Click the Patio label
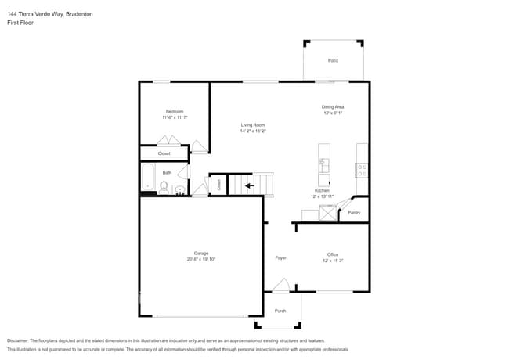tap(333, 60)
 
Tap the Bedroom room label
tap(175, 111)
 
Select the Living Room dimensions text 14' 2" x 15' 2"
tap(253, 131)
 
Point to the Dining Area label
tap(333, 106)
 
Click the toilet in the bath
tap(163, 187)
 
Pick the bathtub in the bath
tap(147, 177)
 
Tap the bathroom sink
tap(179, 189)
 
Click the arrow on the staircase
tap(249, 185)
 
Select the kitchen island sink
tap(323, 165)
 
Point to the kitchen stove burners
tap(362, 167)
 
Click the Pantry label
tap(354, 212)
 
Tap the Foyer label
tap(280, 257)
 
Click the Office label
tap(333, 254)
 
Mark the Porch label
tap(280, 311)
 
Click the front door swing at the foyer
tap(281, 287)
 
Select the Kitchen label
tap(322, 190)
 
